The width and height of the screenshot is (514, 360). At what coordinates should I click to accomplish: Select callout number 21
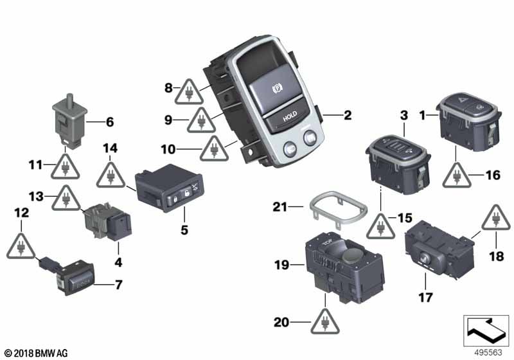(x=279, y=207)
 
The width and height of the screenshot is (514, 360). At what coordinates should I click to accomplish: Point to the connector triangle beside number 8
(x=189, y=92)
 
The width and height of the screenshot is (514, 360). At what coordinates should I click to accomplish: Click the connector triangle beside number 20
(x=325, y=321)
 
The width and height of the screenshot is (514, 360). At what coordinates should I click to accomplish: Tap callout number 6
(x=110, y=122)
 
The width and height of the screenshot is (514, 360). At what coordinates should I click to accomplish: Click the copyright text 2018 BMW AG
(x=36, y=354)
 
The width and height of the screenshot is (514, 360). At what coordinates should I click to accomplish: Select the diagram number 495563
(x=488, y=352)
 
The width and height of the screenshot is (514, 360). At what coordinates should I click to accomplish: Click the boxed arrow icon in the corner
(x=486, y=330)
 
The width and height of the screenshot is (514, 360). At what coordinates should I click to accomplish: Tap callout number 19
(x=281, y=265)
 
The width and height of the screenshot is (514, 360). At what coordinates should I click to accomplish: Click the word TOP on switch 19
(x=327, y=242)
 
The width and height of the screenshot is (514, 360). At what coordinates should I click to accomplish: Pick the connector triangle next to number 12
(x=21, y=246)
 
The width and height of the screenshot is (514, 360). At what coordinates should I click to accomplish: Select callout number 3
(x=404, y=115)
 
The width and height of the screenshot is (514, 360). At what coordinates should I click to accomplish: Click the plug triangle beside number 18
(x=496, y=218)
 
